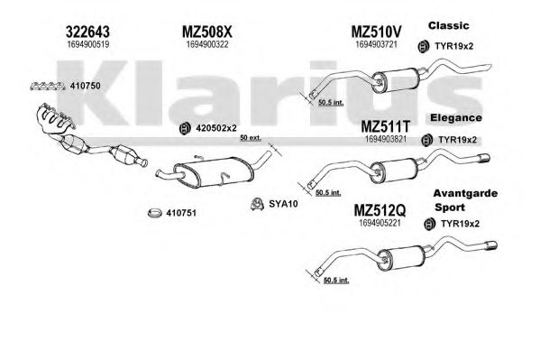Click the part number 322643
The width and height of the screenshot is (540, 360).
(x=87, y=32)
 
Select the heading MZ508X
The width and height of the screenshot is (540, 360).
(x=207, y=32)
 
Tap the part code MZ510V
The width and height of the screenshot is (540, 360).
(x=377, y=32)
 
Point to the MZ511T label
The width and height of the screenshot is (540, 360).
(x=385, y=126)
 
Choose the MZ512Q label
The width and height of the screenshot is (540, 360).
(x=380, y=210)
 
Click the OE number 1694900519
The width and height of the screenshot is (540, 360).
(x=88, y=44)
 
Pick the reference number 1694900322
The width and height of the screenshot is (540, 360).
(x=207, y=44)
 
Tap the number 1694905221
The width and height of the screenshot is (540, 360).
(x=380, y=223)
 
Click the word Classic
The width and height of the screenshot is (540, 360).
(x=448, y=25)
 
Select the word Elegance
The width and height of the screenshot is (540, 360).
(x=456, y=118)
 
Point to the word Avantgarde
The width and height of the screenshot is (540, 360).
(x=465, y=193)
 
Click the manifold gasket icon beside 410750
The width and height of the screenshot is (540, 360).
(x=48, y=87)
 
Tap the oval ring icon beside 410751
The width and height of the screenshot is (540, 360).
(x=155, y=213)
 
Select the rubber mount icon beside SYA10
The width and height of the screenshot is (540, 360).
(x=257, y=204)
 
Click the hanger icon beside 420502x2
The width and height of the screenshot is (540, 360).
(x=186, y=128)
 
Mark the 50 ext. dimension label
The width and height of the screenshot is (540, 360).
(x=251, y=137)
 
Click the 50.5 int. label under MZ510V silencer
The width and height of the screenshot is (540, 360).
(x=331, y=102)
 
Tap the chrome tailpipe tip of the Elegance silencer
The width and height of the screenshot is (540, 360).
(x=483, y=158)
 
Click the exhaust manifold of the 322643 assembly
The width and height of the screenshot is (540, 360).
(x=54, y=119)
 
